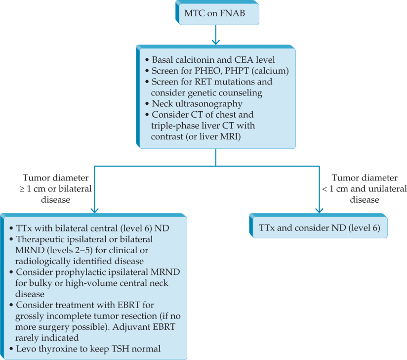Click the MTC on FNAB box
(217, 13)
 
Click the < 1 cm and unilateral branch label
(369, 188)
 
